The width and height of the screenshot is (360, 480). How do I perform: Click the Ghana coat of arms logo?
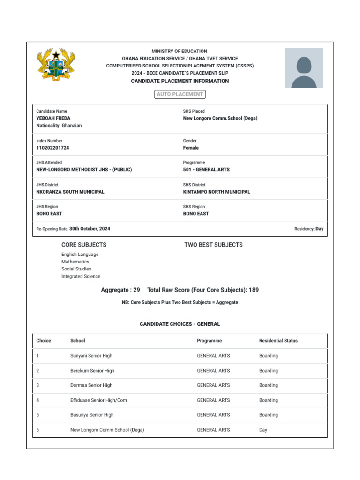[56, 66]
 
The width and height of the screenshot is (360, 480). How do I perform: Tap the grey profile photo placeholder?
[304, 67]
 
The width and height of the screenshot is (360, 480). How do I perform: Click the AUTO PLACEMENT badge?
[180, 94]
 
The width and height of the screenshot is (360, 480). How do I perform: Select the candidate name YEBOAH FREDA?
[53, 118]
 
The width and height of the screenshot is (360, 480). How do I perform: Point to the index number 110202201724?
[52, 148]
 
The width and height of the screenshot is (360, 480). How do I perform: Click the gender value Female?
[191, 148]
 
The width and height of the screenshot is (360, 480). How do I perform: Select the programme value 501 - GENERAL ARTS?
[206, 170]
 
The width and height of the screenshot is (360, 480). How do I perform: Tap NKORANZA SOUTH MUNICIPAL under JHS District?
[70, 192]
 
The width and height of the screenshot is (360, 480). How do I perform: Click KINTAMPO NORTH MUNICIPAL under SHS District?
[217, 192]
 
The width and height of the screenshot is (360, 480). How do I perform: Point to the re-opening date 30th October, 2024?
[90, 229]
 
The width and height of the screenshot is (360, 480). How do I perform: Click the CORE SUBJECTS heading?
[84, 245]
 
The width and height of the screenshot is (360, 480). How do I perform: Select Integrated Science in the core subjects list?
[81, 276]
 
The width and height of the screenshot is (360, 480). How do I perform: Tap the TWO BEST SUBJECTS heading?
[213, 245]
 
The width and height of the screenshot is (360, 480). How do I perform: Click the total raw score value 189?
[254, 290]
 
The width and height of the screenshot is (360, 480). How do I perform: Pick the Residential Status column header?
[278, 341]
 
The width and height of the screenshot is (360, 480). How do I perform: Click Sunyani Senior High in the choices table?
[91, 356]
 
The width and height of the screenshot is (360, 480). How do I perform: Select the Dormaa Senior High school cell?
[91, 385]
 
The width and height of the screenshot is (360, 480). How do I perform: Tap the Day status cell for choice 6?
[263, 430]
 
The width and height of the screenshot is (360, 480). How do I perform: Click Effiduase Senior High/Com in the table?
[98, 400]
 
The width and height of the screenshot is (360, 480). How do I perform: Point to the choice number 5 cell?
[37, 415]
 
